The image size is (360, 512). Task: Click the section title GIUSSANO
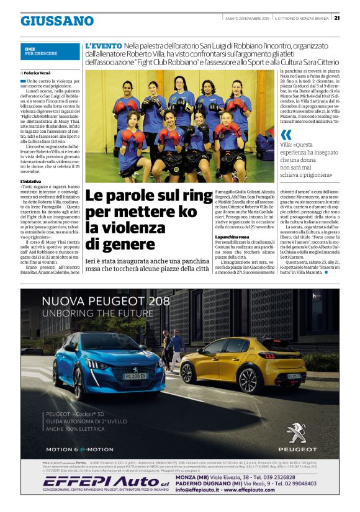pos(57,21)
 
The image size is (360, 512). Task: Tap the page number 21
pos(353,17)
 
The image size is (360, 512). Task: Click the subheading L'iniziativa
pos(30,181)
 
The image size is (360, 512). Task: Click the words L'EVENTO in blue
pos(104,46)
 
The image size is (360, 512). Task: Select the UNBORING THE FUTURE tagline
pos(92,314)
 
